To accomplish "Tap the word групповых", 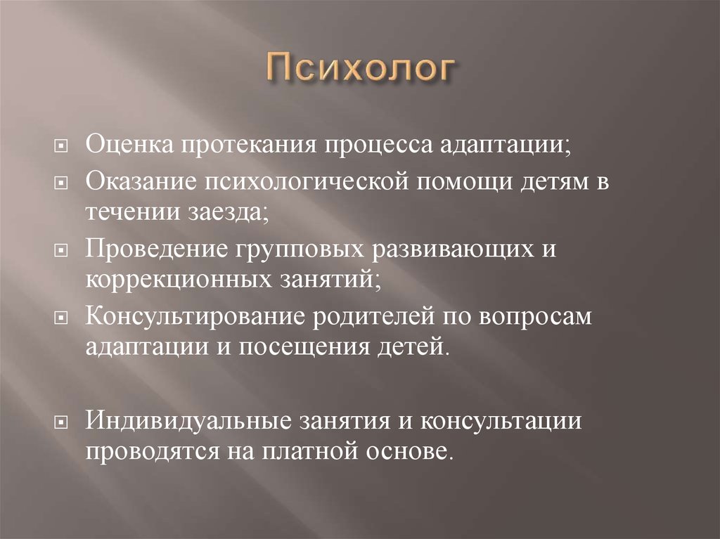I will point(287,249).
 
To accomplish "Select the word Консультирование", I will point(191,316).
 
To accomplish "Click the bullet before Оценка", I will point(61,148).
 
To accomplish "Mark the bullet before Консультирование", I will point(61,318).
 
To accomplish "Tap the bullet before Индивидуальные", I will point(61,422).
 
